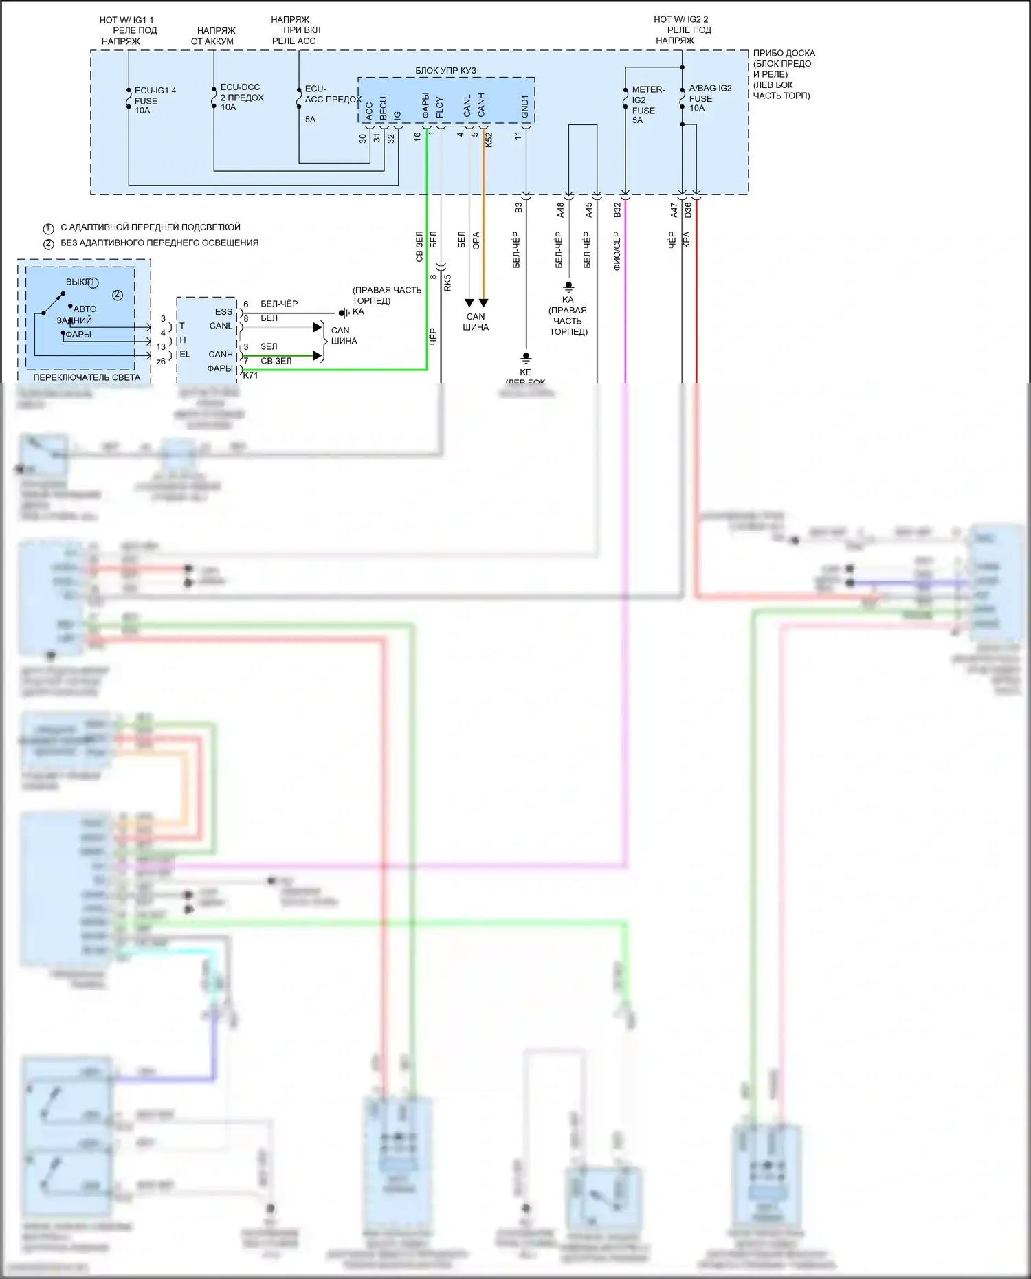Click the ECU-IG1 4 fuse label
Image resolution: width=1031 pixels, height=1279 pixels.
click(154, 100)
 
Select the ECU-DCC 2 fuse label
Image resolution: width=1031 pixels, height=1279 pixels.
click(241, 97)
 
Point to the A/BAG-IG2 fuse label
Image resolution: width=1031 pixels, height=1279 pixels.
click(709, 98)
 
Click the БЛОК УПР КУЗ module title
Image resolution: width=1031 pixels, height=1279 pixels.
click(445, 70)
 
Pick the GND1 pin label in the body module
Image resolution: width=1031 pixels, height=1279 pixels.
click(525, 107)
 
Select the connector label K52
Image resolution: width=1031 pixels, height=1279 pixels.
click(489, 140)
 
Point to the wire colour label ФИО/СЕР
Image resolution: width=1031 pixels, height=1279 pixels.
click(617, 251)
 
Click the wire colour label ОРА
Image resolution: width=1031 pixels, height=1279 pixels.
click(476, 241)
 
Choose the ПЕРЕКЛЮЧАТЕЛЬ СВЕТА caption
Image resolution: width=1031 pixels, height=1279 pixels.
click(87, 377)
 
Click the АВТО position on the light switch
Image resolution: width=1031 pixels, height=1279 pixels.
click(85, 309)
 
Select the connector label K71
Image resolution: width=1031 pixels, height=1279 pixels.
click(251, 375)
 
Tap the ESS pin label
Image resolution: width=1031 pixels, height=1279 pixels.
click(223, 311)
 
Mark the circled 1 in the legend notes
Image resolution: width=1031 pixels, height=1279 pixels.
click(48, 228)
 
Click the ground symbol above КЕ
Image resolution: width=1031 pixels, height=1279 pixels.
click(526, 357)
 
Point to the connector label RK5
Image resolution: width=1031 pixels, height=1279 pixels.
click(447, 282)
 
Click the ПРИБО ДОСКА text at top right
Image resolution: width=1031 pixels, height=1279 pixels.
click(784, 53)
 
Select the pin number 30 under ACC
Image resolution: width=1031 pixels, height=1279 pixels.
click(363, 138)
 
